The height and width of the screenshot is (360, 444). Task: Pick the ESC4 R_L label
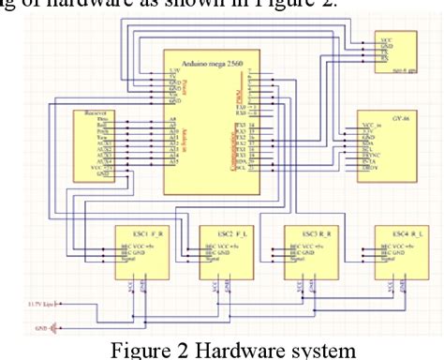[x=395, y=232]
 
